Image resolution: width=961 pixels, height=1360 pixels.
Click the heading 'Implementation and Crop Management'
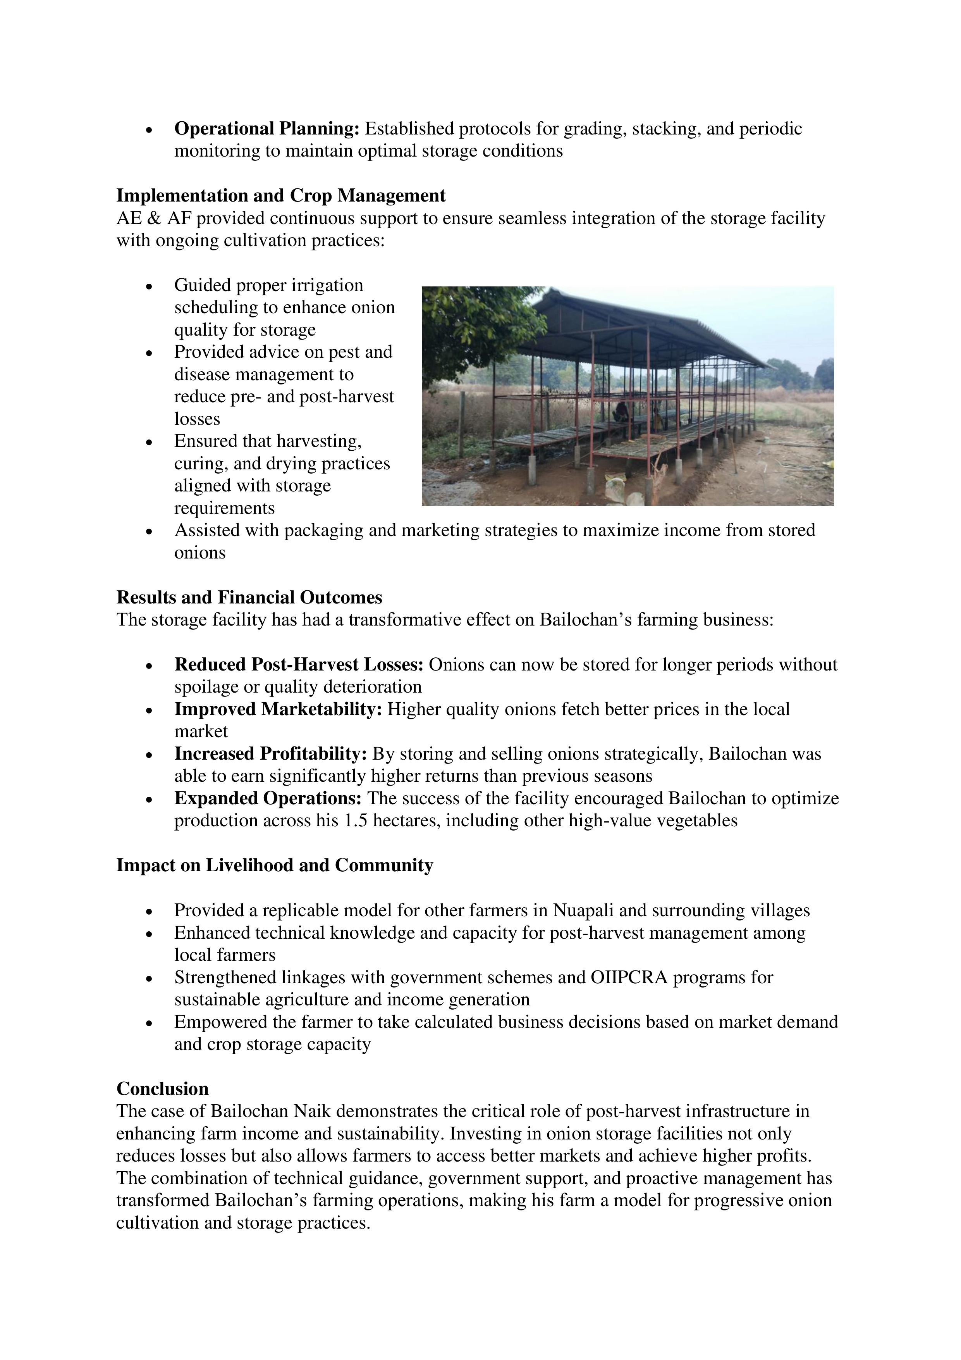pos(281,195)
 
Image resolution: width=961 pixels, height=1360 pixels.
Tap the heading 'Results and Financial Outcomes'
pos(249,597)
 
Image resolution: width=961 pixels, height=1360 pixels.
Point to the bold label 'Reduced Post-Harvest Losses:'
pos(298,665)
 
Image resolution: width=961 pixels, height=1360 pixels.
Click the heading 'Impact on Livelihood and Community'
pos(275,865)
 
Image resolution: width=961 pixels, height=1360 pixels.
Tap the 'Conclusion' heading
pos(162,1089)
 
